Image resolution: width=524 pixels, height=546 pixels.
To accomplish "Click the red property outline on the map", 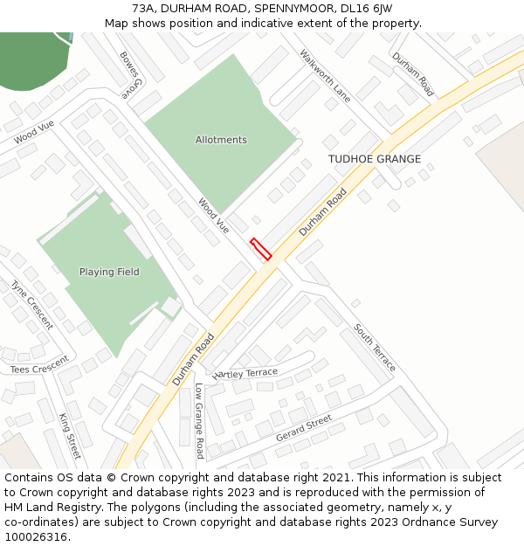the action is tap(260, 249).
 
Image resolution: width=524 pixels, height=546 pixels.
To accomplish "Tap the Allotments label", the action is tap(221, 140).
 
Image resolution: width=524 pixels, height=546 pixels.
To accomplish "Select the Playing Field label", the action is tap(109, 272).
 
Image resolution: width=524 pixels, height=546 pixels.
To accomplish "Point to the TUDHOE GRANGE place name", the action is tap(374, 159).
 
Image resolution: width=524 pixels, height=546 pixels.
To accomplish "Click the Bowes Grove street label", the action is tap(132, 74).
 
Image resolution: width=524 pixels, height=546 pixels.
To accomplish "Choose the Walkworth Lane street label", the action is tap(325, 76).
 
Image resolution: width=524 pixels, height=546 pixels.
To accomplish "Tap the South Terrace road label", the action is tap(375, 347).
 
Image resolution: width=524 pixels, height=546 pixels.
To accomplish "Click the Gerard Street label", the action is tap(303, 428).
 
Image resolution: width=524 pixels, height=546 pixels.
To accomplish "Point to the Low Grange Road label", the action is tap(199, 421).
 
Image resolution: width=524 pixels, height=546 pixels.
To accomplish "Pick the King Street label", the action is tap(69, 436).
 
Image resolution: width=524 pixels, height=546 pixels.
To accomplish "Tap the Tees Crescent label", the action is tap(39, 365).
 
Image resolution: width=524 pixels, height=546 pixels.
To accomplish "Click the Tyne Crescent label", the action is tap(31, 304).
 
